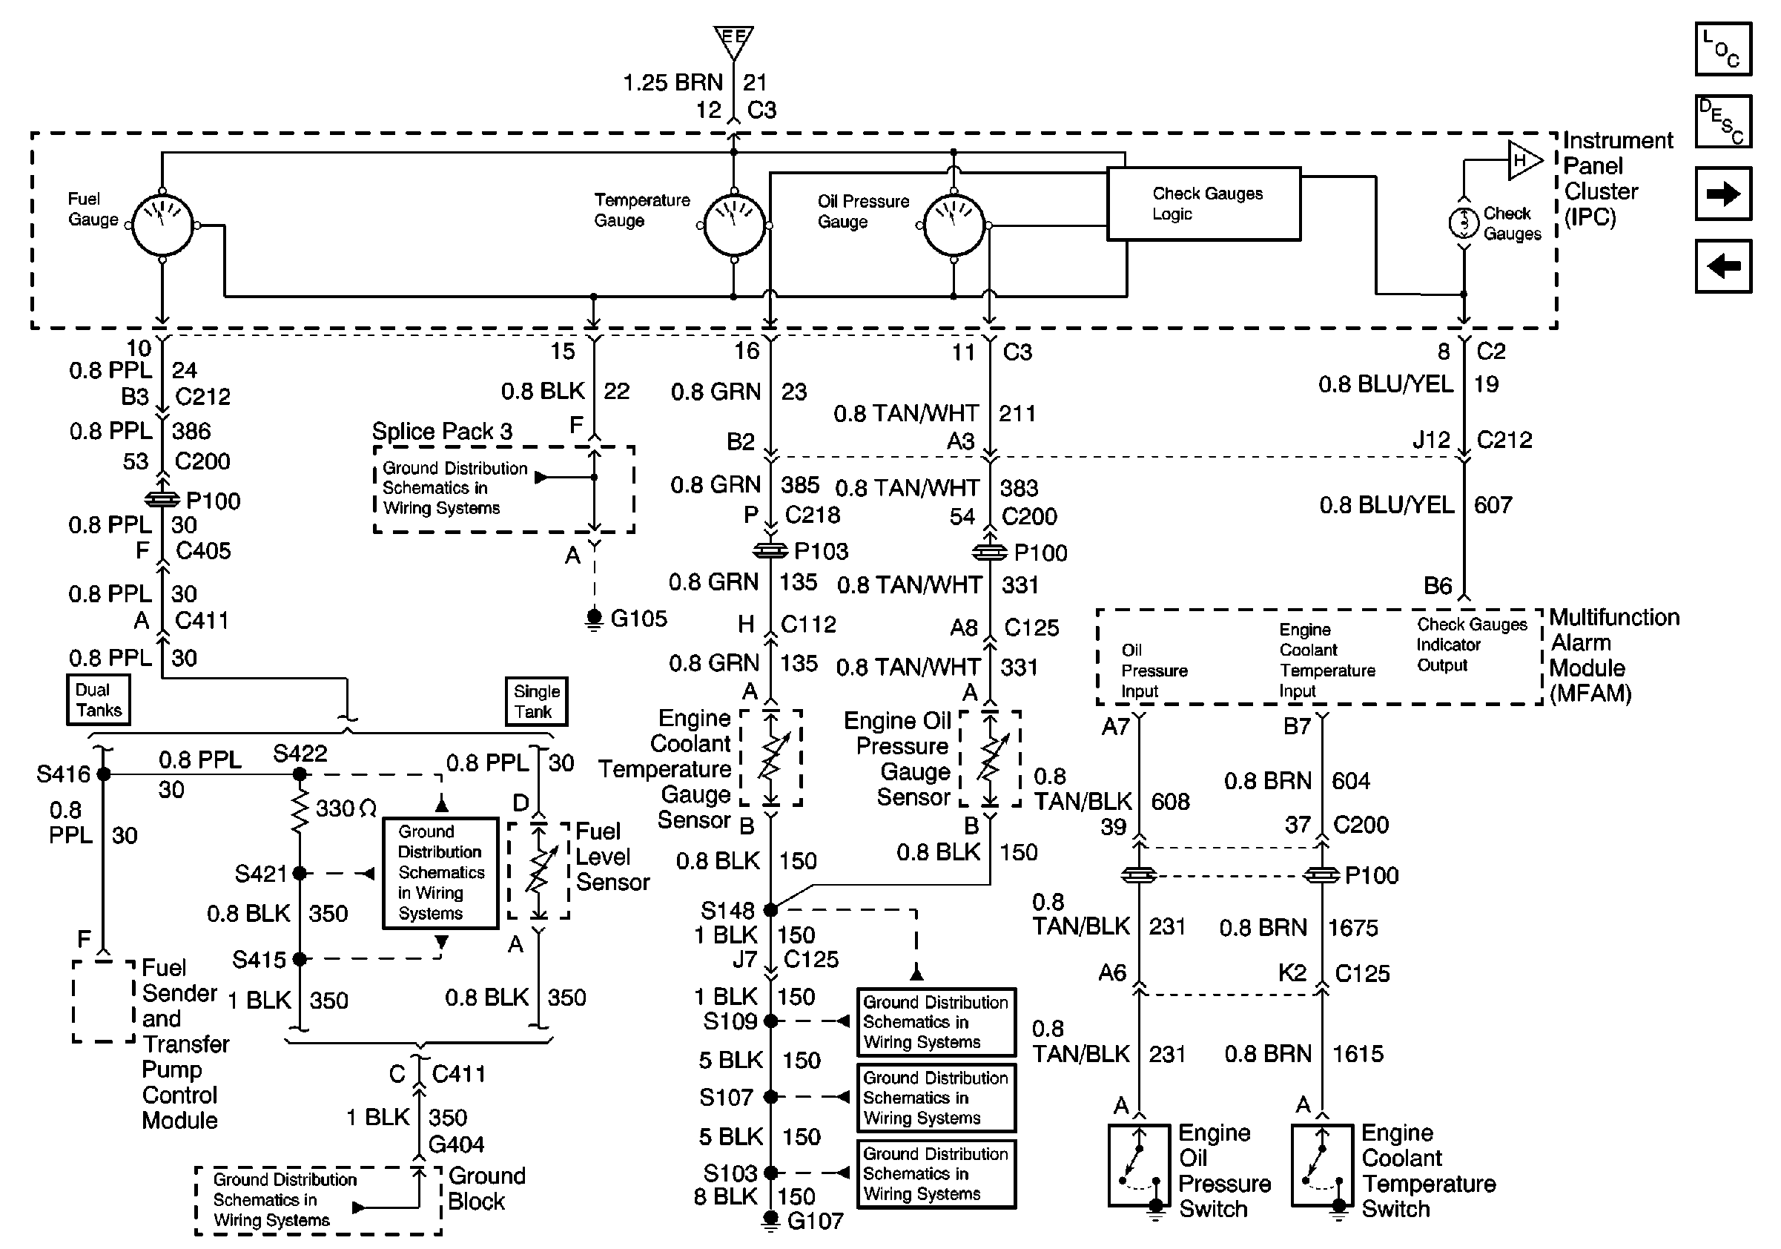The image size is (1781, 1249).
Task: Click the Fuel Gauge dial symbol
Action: click(162, 225)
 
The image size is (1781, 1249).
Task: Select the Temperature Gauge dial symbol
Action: click(734, 225)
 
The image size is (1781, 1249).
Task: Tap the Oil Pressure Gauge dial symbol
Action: click(954, 225)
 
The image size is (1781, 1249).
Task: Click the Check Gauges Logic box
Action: click(1204, 204)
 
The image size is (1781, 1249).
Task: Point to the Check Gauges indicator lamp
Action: click(1464, 223)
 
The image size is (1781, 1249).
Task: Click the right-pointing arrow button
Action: click(1724, 193)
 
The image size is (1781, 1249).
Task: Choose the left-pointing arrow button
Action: click(1724, 266)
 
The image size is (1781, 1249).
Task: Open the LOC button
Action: click(1724, 49)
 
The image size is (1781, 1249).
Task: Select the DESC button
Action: click(1724, 121)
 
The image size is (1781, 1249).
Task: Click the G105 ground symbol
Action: click(594, 620)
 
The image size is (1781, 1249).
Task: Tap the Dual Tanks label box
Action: click(99, 699)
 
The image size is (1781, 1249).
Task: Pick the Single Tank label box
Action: click(536, 702)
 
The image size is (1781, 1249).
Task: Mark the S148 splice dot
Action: click(770, 909)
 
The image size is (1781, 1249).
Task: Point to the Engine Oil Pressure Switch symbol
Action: click(1139, 1165)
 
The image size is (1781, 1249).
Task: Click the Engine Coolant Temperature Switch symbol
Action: click(1322, 1165)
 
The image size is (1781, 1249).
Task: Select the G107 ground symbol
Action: click(770, 1220)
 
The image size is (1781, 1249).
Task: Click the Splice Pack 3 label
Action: click(442, 431)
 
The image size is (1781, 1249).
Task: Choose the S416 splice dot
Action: click(103, 774)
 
